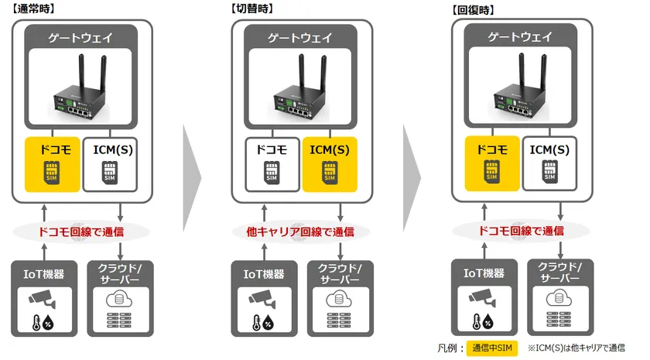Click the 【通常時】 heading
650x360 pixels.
[x=33, y=9]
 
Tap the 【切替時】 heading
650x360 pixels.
[x=251, y=9]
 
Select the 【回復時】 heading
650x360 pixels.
[x=473, y=9]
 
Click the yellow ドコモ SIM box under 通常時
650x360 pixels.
[x=53, y=164]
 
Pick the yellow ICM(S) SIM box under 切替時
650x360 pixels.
[x=330, y=164]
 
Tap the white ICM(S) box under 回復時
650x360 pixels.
[x=549, y=163]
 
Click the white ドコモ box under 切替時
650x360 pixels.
[x=272, y=164]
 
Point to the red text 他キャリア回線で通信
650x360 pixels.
[x=300, y=231]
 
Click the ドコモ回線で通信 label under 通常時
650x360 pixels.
[x=80, y=231]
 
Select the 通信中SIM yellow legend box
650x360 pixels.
[x=492, y=348]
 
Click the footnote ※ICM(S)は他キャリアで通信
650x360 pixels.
[x=576, y=348]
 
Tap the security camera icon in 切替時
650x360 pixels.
[x=262, y=300]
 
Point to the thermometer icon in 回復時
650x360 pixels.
[x=477, y=321]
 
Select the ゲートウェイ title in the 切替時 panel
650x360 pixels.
[x=299, y=38]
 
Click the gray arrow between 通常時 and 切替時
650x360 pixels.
[x=192, y=178]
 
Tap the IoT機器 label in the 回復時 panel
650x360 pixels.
[x=484, y=273]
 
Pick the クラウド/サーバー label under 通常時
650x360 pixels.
[x=120, y=274]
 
